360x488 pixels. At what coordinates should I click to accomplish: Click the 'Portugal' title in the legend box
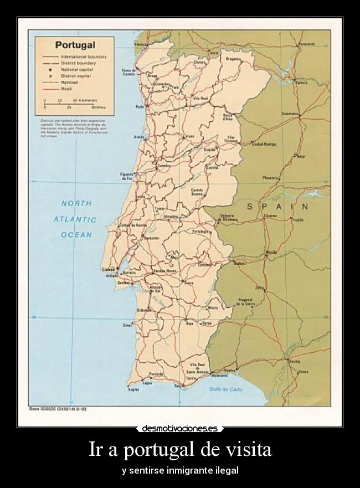pyautogui.click(x=75, y=45)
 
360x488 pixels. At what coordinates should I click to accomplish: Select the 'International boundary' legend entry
pyautogui.click(x=83, y=57)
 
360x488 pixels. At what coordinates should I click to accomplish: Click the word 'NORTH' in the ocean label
pyautogui.click(x=76, y=204)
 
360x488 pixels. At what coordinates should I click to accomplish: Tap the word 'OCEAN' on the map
pyautogui.click(x=76, y=235)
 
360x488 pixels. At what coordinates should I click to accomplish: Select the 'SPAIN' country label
pyautogui.click(x=277, y=206)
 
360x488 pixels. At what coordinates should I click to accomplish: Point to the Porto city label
pyautogui.click(x=140, y=106)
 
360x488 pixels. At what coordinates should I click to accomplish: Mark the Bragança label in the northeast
pyautogui.click(x=233, y=58)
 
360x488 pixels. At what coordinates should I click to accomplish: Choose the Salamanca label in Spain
pyautogui.click(x=290, y=113)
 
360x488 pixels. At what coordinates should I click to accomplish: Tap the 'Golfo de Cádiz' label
pyautogui.click(x=222, y=389)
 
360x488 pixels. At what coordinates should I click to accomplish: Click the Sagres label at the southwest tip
pyautogui.click(x=133, y=389)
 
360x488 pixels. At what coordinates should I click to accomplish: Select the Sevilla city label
pyautogui.click(x=295, y=361)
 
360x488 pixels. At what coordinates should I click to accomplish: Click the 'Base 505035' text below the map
pyautogui.click(x=44, y=409)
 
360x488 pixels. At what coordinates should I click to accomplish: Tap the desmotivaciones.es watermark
pyautogui.click(x=179, y=428)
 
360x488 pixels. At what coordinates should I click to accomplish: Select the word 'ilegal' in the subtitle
pyautogui.click(x=227, y=470)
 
